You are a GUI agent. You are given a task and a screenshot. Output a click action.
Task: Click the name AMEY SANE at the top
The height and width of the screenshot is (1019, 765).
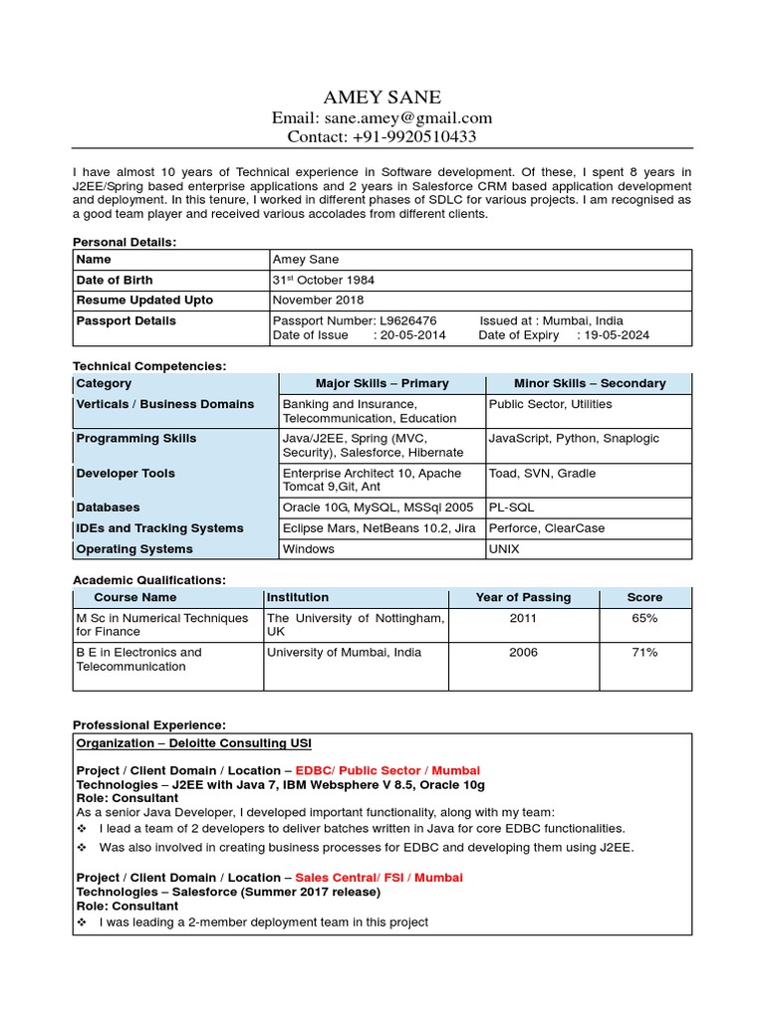click(x=382, y=97)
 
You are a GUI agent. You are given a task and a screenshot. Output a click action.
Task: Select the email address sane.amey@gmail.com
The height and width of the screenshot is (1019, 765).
click(x=409, y=117)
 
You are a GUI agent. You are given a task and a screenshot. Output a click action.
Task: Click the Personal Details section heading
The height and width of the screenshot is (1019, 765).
click(x=125, y=242)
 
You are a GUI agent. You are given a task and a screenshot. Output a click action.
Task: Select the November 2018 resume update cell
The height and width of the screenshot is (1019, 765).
click(x=318, y=300)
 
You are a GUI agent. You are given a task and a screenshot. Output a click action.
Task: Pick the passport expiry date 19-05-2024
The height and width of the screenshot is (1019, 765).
click(x=619, y=335)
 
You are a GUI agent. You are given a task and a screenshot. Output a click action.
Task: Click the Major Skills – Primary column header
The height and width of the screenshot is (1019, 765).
click(x=382, y=383)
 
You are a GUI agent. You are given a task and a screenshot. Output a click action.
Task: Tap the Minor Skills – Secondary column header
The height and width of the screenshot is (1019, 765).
click(x=589, y=383)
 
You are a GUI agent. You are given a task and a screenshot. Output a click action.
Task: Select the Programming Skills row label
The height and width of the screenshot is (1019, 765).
click(x=135, y=438)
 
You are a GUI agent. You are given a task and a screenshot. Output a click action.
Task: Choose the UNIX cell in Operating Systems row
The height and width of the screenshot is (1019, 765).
click(x=504, y=548)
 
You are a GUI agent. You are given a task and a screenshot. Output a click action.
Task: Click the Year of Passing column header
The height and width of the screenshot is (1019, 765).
click(x=523, y=597)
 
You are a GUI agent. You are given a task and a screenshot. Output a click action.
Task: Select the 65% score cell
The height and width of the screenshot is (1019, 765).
click(x=643, y=618)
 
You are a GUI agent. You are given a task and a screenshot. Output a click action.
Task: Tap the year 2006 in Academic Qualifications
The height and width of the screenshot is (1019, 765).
click(x=523, y=653)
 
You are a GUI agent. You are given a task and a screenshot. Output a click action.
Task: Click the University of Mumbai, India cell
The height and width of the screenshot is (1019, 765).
click(x=344, y=653)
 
